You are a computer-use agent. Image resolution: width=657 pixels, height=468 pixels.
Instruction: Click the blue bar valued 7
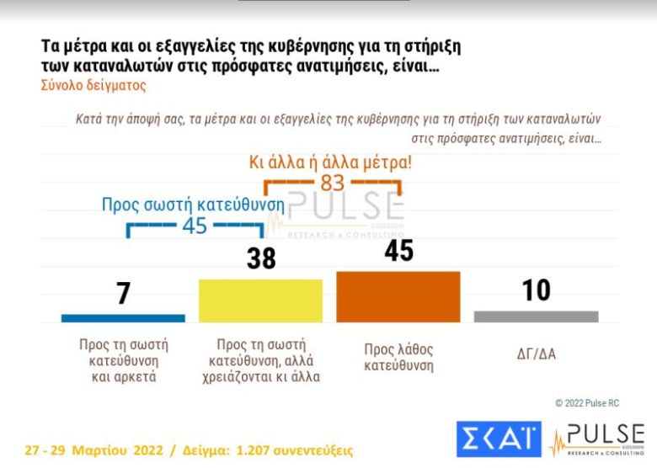coord(123,318)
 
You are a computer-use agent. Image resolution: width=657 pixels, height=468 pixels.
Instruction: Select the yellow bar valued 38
coord(259,300)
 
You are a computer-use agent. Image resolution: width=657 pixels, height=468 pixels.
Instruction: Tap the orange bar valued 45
coord(398,296)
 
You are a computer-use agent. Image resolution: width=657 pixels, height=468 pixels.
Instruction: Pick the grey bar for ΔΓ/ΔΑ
coord(536,316)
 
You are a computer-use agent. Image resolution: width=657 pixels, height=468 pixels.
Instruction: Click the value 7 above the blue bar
coord(124,294)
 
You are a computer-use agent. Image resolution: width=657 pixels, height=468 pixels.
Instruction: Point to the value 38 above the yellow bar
coord(261,258)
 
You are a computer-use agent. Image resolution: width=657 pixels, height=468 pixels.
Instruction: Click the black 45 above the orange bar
coord(398,250)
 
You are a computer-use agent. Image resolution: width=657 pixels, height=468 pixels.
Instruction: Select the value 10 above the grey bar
coord(536,290)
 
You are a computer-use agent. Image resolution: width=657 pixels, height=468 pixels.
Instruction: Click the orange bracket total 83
coord(332,182)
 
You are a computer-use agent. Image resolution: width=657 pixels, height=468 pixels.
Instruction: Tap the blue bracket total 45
coord(195,226)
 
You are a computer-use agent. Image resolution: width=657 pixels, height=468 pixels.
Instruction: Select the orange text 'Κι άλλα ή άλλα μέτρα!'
coord(331,162)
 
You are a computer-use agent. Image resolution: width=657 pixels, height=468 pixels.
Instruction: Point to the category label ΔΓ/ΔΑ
coord(536,354)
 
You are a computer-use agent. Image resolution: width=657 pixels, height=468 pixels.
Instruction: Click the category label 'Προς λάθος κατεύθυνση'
coord(398,357)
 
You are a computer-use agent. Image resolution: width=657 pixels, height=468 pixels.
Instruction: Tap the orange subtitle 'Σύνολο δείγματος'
coord(93,85)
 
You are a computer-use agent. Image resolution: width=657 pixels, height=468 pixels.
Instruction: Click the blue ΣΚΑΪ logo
coord(499,439)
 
